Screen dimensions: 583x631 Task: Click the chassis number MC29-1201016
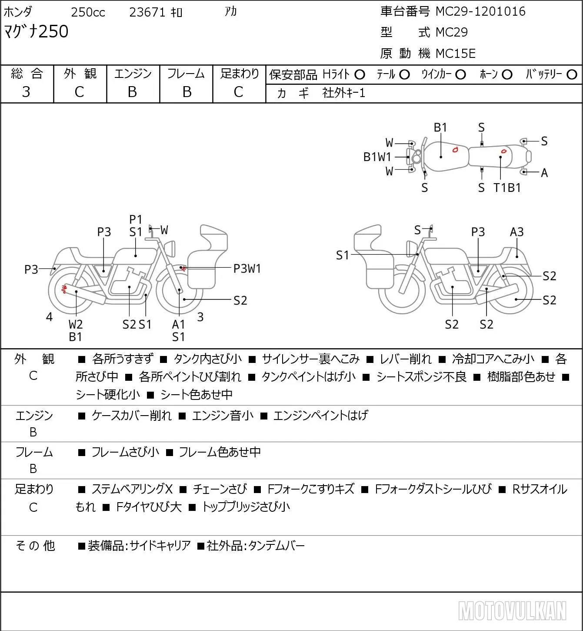click(x=480, y=11)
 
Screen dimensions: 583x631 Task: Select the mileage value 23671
click(x=147, y=12)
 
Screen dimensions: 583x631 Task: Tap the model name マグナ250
click(x=36, y=31)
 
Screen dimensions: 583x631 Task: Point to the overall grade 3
click(x=26, y=92)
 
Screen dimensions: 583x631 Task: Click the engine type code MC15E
click(x=456, y=54)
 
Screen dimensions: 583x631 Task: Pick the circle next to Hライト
click(x=360, y=75)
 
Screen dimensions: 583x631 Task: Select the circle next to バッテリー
click(x=572, y=75)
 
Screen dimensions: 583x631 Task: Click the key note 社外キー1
click(x=344, y=93)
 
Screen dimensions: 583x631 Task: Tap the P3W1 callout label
click(x=247, y=269)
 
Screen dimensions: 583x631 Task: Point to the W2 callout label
click(x=76, y=324)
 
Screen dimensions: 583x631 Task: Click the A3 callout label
click(x=516, y=232)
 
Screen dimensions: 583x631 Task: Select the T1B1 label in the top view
click(x=507, y=188)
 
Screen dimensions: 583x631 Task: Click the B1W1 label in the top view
click(x=377, y=157)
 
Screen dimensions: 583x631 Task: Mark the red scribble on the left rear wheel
click(x=64, y=289)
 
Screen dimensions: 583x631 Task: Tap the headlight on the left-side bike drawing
click(x=170, y=248)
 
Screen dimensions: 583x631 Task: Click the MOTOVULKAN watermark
click(x=512, y=611)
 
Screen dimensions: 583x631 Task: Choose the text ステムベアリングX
click(x=132, y=489)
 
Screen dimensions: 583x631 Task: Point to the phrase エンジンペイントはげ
click(x=321, y=415)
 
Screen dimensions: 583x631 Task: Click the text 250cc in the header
click(x=88, y=12)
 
